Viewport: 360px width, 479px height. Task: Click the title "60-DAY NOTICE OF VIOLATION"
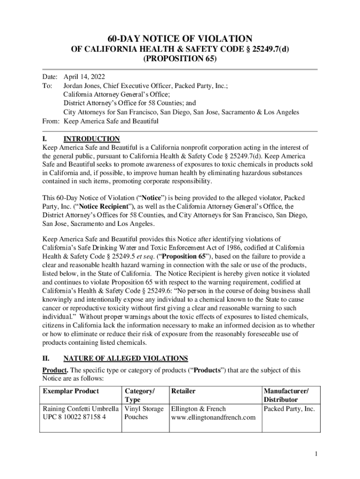[180, 39]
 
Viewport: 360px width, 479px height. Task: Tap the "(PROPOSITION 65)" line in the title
[180, 59]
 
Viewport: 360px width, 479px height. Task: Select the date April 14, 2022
[84, 76]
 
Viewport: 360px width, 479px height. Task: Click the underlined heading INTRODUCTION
[92, 139]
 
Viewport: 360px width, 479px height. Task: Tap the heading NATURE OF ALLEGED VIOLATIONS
[126, 358]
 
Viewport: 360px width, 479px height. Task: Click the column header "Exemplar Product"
[71, 391]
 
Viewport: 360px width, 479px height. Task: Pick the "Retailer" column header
[183, 391]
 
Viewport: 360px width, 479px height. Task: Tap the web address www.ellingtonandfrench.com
[214, 417]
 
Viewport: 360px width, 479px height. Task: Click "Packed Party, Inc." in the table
[289, 408]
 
